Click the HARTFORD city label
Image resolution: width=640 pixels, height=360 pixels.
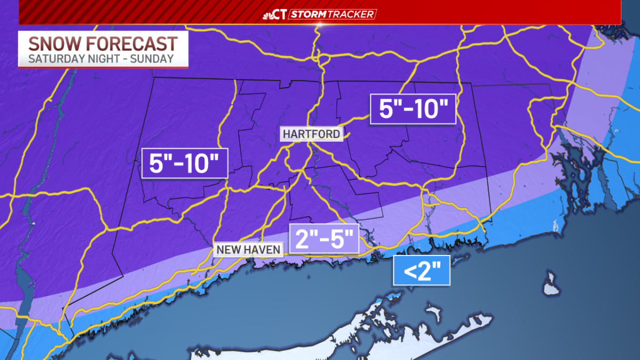(x=311, y=134)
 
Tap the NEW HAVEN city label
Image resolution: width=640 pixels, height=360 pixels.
(x=249, y=250)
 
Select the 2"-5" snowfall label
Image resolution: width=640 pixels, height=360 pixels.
(x=324, y=238)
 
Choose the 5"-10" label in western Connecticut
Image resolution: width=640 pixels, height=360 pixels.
(x=185, y=163)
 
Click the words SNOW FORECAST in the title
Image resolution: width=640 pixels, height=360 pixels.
(x=102, y=43)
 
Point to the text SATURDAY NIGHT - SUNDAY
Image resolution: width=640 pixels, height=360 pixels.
(x=101, y=59)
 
